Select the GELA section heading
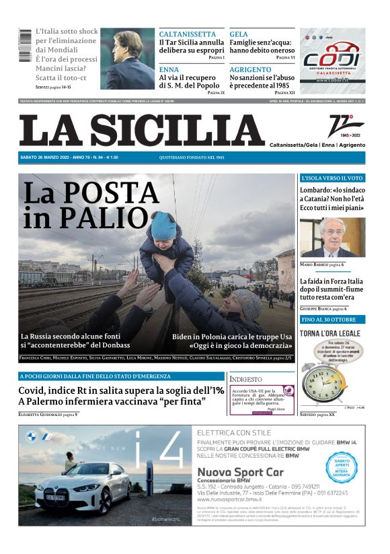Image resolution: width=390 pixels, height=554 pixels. click(x=239, y=34)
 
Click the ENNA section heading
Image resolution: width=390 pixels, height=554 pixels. click(x=169, y=69)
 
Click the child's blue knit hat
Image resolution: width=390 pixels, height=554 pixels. click(x=163, y=226)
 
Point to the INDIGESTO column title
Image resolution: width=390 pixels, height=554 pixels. click(x=246, y=378)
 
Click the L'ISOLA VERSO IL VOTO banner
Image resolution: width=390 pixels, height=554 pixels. click(x=332, y=178)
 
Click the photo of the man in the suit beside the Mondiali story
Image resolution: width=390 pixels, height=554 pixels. click(x=127, y=59)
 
